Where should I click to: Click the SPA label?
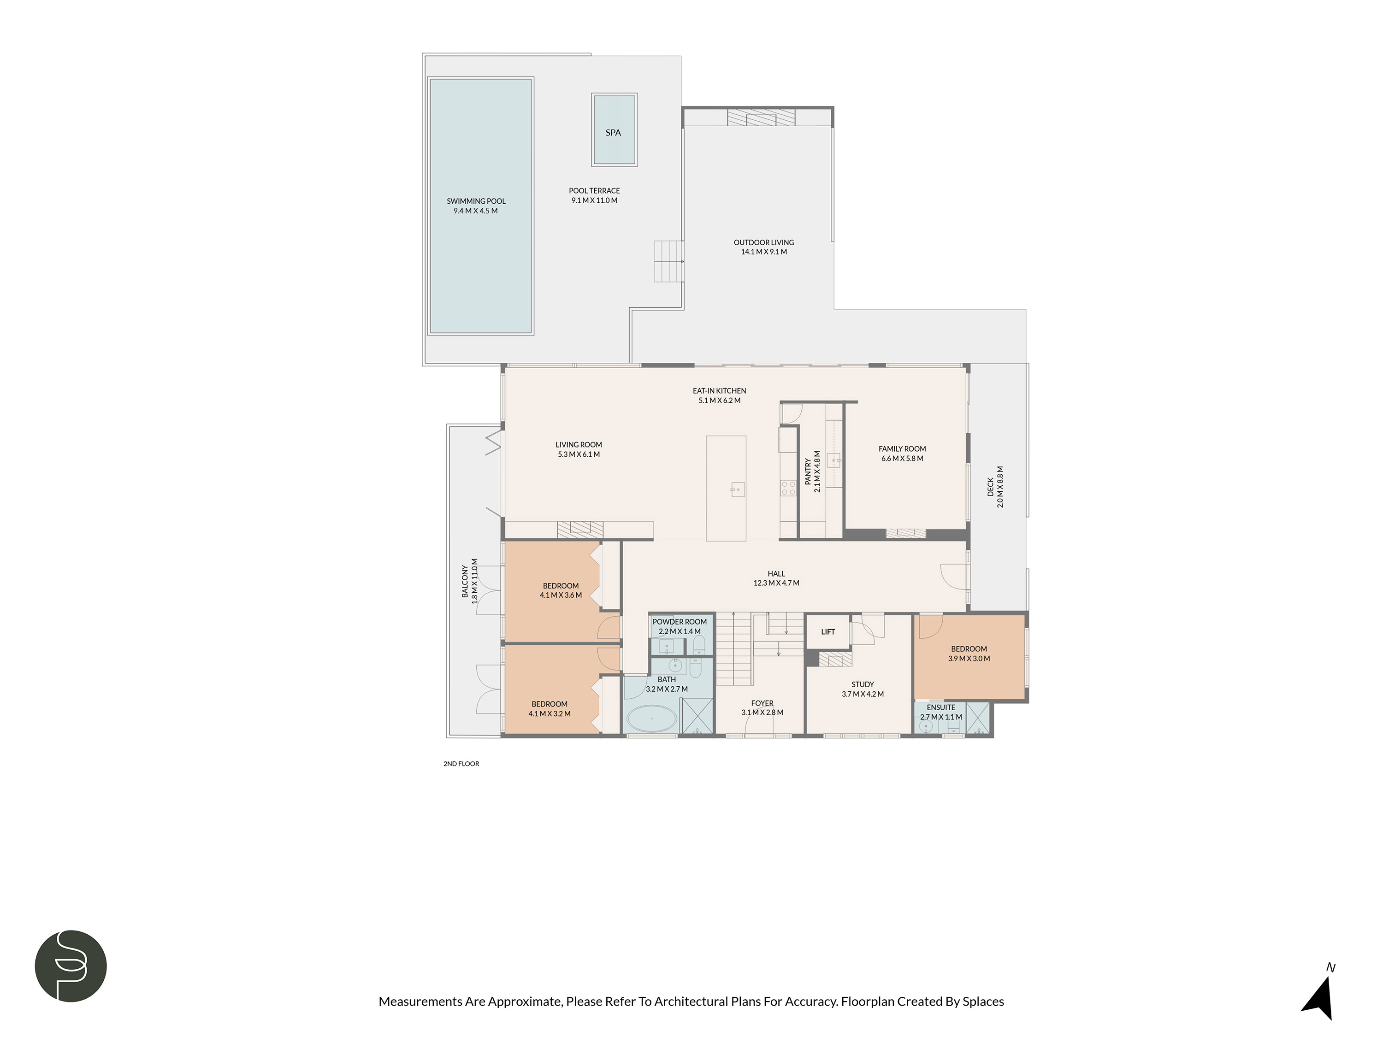613,133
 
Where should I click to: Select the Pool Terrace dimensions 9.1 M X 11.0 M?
594,200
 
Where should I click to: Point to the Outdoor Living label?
763,242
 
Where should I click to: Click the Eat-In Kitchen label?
719,391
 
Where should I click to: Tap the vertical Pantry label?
808,471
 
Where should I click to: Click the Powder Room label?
679,622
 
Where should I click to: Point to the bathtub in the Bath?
651,719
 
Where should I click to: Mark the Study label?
862,684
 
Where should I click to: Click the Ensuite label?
940,707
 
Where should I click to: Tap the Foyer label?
762,703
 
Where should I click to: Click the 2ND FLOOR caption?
461,764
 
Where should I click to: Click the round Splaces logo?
71,966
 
